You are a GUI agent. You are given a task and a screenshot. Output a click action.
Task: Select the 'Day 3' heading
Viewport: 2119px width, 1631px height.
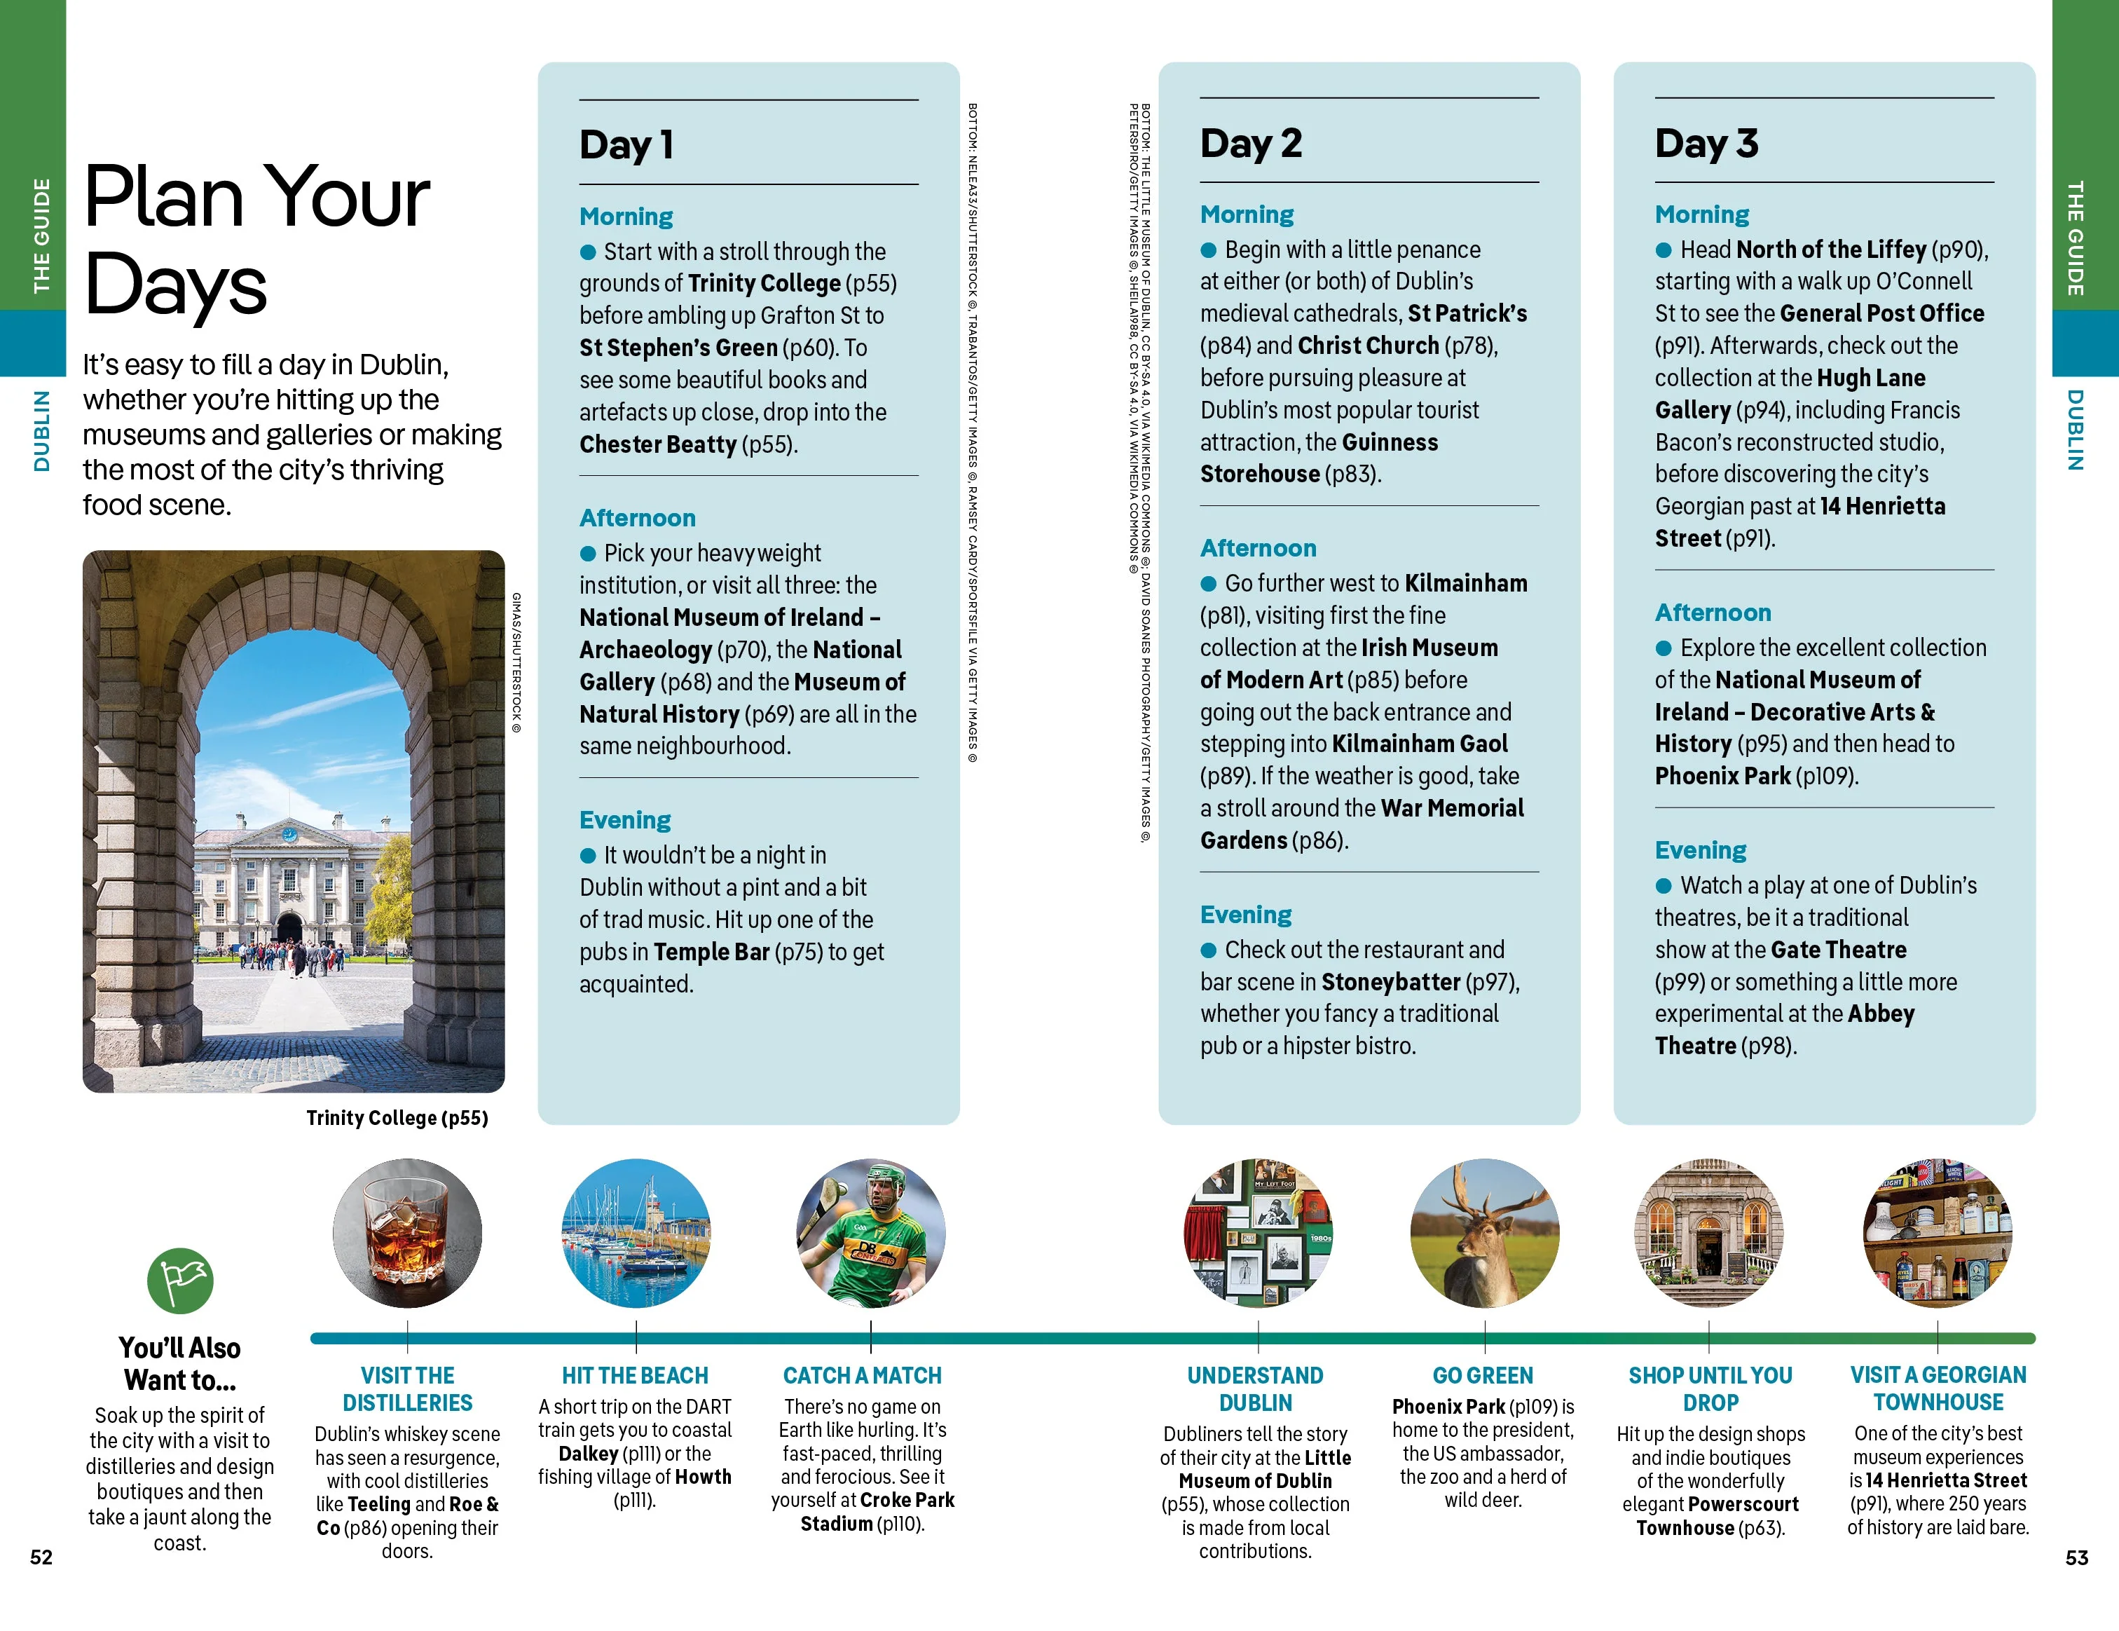[1706, 144]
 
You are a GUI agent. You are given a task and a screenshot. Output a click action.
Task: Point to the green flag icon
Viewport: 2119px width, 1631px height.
[181, 1281]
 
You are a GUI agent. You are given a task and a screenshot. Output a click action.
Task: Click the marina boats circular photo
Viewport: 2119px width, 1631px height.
[636, 1233]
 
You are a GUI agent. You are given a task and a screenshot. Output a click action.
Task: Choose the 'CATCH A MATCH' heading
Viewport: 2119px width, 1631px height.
[862, 1375]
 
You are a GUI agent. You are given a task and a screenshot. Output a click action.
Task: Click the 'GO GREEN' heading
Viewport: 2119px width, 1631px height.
[1483, 1375]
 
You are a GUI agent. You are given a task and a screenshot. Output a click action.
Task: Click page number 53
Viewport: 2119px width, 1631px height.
[2076, 1557]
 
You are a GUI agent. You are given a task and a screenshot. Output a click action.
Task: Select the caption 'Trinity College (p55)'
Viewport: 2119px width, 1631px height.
[397, 1118]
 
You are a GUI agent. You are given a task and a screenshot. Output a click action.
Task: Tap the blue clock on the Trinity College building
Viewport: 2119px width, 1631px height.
[289, 833]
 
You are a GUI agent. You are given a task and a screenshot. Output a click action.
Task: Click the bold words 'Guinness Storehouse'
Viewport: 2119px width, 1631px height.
[1319, 458]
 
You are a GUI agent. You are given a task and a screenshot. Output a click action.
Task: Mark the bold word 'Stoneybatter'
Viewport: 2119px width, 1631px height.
[1390, 982]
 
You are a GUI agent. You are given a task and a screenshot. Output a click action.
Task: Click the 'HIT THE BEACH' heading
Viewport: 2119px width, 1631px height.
[635, 1375]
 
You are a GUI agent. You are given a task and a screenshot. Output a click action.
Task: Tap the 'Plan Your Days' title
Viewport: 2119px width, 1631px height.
[256, 240]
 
